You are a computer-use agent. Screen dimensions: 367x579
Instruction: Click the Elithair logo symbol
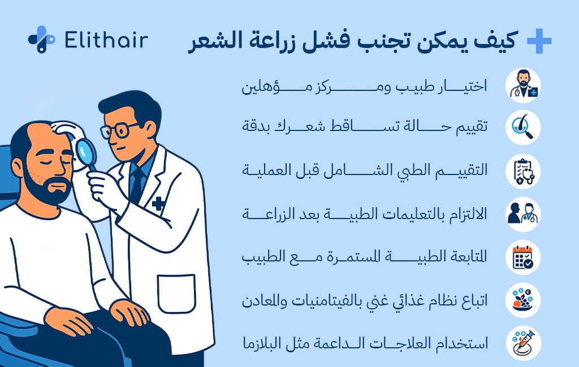[x=41, y=39]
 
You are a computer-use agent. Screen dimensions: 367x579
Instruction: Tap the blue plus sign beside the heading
[x=539, y=41]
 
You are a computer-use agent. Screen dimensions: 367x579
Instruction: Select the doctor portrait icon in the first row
[x=524, y=86]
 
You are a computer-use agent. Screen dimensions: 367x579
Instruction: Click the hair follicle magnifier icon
[x=524, y=128]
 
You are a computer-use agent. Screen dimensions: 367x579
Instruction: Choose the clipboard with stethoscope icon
[x=524, y=171]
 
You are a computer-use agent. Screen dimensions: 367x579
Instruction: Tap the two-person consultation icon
[x=524, y=215]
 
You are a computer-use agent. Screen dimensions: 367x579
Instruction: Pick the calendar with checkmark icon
[x=524, y=257]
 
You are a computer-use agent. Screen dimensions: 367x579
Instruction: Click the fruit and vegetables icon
[x=524, y=300]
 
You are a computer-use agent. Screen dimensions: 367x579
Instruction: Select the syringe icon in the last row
[x=524, y=343]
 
